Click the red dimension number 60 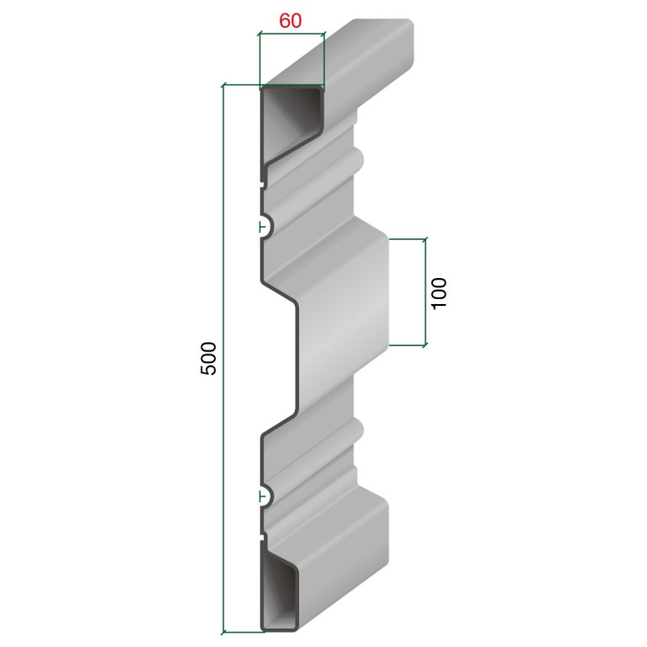[291, 20]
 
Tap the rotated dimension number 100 [439, 292]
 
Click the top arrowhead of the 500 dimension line [223, 85]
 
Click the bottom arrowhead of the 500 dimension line [223, 632]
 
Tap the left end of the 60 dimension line [259, 34]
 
